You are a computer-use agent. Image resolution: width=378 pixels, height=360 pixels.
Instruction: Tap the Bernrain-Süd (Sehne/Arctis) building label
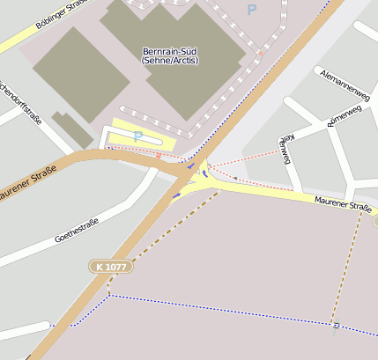(170, 55)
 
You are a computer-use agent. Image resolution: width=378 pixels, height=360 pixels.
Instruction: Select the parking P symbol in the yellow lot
(137, 136)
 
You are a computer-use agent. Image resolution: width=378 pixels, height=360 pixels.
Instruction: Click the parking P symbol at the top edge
(251, 10)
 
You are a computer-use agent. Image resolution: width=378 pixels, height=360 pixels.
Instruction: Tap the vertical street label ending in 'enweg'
(285, 150)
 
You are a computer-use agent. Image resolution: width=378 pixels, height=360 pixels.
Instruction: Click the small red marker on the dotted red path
(159, 156)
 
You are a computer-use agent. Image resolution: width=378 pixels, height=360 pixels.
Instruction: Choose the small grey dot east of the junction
(235, 178)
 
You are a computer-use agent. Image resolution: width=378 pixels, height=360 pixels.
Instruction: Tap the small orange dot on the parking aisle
(261, 53)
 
